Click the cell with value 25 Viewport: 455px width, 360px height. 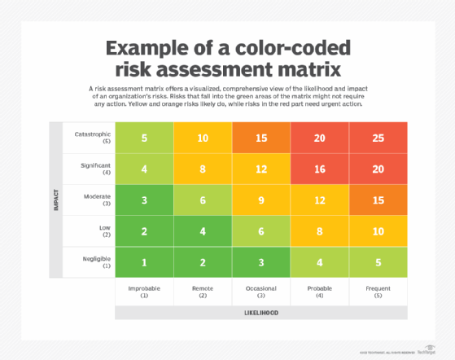[378, 138]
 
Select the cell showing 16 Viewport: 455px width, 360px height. [320, 169]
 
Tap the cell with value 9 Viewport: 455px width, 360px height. [260, 200]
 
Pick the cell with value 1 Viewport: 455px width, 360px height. [144, 261]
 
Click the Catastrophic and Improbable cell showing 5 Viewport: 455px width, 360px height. [144, 138]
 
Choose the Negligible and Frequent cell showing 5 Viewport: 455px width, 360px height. [378, 261]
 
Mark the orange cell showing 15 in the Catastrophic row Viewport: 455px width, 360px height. [260, 138]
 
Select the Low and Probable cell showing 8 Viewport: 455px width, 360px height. [320, 230]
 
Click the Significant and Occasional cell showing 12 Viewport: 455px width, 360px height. [260, 169]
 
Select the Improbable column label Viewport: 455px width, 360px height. [144, 290]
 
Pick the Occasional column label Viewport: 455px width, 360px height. [260, 290]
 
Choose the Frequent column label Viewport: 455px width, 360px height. [378, 290]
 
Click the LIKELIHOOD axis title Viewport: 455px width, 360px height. [260, 312]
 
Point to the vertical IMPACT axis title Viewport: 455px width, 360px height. [55, 200]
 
